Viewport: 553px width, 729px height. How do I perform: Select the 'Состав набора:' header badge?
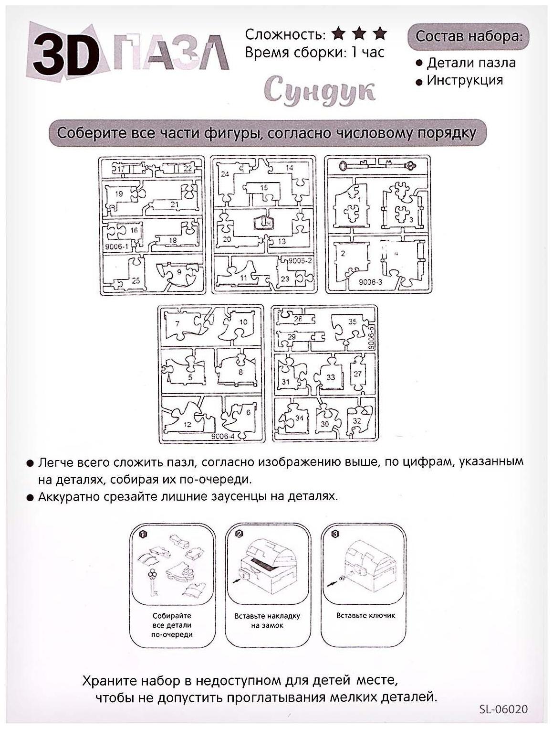(x=468, y=36)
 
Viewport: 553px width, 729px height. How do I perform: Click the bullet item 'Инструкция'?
(x=464, y=80)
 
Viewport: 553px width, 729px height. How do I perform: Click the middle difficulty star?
(x=359, y=33)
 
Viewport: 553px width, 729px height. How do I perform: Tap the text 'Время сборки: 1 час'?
(x=314, y=52)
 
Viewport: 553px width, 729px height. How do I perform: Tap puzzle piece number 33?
(x=330, y=377)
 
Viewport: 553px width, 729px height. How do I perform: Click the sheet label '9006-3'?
(x=370, y=282)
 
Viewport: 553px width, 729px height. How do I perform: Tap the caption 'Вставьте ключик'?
(x=365, y=615)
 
